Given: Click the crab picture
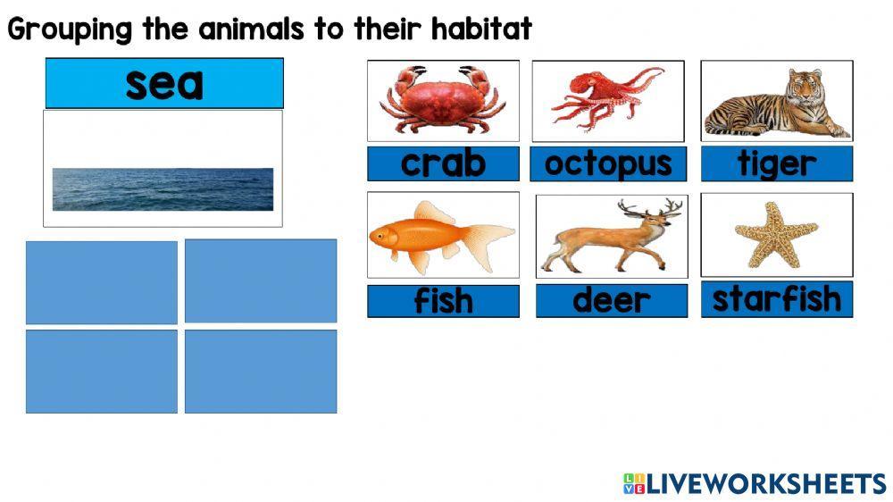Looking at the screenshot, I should [x=443, y=100].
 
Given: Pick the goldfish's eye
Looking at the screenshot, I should [x=381, y=237].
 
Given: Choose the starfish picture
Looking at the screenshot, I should [x=775, y=234].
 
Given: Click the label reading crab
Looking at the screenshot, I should [x=443, y=163].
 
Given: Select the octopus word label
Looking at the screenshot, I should [x=607, y=164].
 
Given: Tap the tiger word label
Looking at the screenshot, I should [x=776, y=164].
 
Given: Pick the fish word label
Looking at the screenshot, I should [x=443, y=301].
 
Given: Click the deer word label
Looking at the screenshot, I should [x=612, y=301].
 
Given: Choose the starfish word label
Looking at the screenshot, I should [x=776, y=299].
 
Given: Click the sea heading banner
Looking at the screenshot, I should [x=164, y=84].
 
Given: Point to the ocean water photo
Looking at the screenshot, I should [x=163, y=189].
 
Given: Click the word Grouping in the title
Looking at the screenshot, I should [x=70, y=30].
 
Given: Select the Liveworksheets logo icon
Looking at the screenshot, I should [x=634, y=484].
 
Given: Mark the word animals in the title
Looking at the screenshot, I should [x=252, y=29].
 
